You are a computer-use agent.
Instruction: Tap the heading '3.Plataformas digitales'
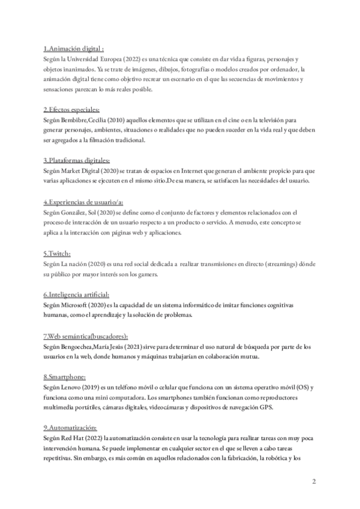point(76,160)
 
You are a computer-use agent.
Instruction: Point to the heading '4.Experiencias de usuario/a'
point(83,202)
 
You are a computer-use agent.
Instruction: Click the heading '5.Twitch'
point(57,253)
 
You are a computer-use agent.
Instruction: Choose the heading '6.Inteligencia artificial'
point(76,295)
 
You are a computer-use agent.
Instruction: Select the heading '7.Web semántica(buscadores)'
point(85,336)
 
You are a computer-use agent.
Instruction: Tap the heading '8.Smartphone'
point(64,378)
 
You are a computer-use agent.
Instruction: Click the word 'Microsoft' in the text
point(74,306)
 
